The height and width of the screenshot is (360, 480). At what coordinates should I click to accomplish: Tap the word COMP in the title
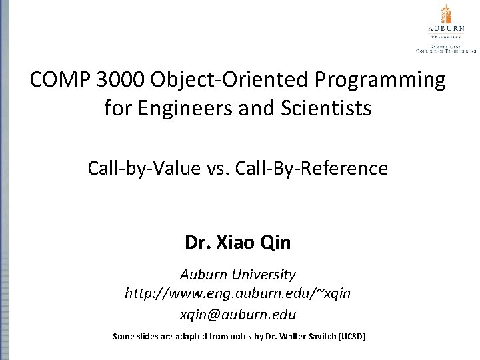click(x=61, y=80)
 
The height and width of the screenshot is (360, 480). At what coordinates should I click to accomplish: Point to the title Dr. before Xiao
click(x=197, y=243)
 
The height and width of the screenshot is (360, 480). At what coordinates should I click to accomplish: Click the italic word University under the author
click(x=264, y=275)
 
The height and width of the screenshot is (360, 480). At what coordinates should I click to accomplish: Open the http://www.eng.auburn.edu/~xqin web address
click(x=238, y=293)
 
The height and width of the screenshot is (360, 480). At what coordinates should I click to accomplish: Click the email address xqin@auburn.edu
click(x=238, y=314)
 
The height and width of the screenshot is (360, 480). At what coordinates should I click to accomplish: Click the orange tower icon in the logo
click(x=446, y=15)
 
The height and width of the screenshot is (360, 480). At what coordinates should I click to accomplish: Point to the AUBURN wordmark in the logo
click(x=446, y=29)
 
